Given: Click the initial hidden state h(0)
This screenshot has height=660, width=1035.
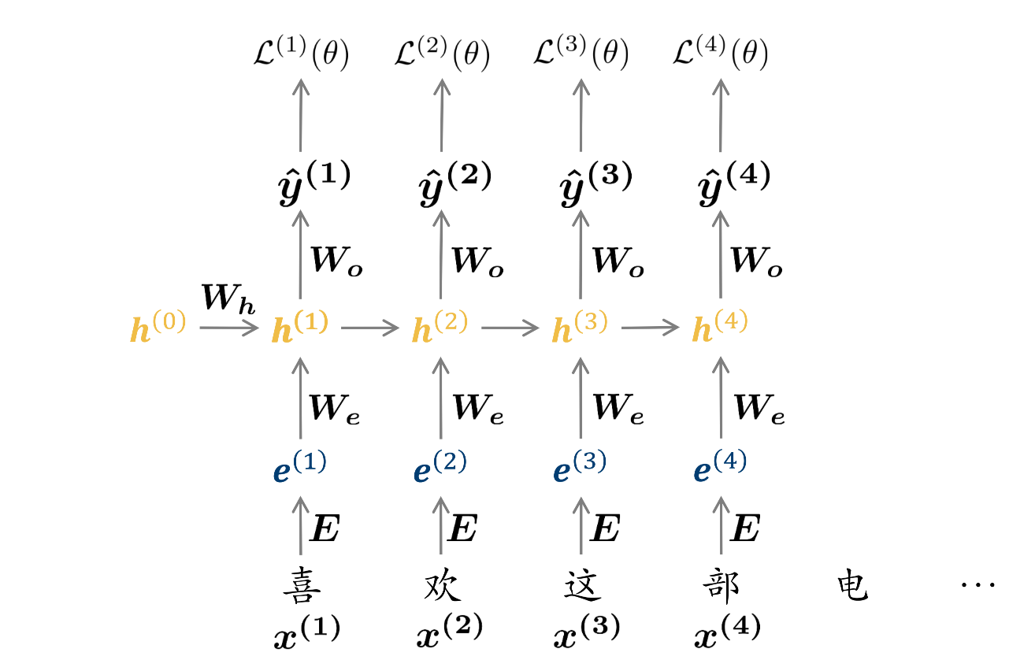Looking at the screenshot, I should tap(158, 328).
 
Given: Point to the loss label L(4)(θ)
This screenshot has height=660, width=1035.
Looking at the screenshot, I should tap(721, 56).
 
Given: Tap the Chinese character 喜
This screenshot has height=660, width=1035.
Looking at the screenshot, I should tap(301, 588).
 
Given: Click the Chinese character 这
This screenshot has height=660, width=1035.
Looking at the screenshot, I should tap(583, 587).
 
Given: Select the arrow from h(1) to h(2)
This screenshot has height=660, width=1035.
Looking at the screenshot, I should tap(371, 328).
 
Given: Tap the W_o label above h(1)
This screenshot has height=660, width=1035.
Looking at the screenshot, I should tap(338, 261).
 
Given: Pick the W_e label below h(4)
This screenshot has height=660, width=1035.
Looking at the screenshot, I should tap(759, 409).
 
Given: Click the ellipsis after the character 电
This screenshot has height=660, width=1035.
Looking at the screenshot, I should tap(978, 584).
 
